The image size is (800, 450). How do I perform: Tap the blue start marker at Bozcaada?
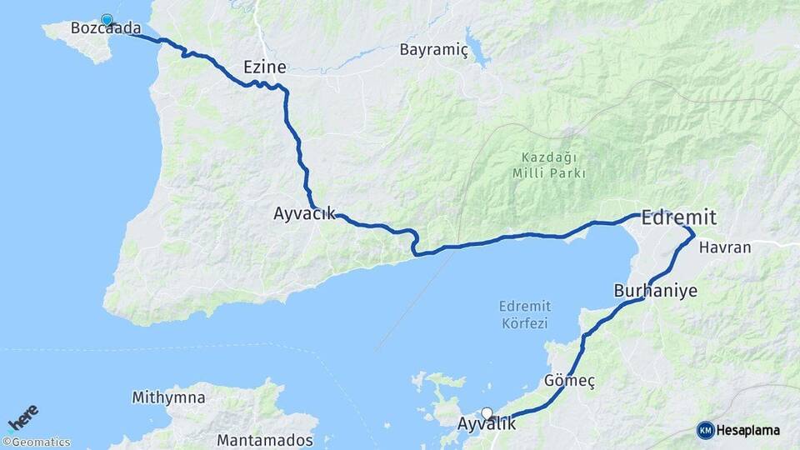point(107,20)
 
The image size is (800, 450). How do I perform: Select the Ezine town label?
point(264,67)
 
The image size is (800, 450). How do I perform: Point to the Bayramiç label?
point(433,49)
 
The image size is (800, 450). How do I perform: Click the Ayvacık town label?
point(304,213)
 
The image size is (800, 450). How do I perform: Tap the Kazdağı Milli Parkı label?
point(549,165)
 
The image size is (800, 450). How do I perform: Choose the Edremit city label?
point(678,218)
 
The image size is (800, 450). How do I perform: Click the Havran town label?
point(725,247)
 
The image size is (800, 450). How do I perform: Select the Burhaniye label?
point(655,291)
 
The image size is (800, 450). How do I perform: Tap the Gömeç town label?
point(569,380)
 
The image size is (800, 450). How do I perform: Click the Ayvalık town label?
point(487,424)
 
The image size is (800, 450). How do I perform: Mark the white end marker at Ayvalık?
point(487,412)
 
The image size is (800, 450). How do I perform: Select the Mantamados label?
point(265,439)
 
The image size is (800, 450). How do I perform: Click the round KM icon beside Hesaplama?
point(705,430)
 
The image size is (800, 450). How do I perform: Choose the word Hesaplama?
point(747,430)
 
